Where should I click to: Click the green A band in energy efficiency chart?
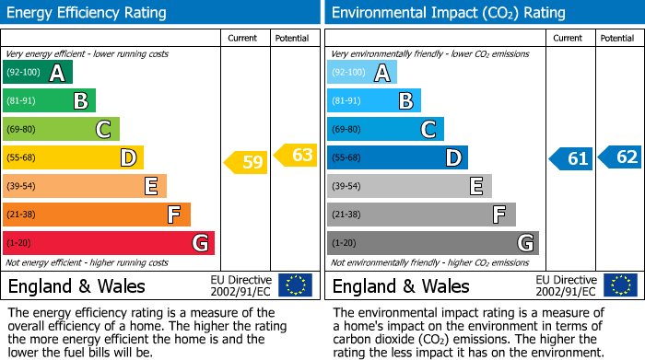37,73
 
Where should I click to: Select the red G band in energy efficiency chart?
108,243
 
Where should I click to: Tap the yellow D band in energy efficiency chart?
73,157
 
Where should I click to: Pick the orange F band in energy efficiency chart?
96,215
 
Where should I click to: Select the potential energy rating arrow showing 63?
297,155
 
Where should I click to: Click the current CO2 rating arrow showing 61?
571,158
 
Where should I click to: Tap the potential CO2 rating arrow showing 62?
621,157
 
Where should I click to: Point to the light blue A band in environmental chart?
362,73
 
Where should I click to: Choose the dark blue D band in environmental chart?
397,157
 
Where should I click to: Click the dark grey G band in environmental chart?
432,243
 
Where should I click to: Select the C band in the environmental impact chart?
385,129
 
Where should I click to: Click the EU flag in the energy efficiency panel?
295,285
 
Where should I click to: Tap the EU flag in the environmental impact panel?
619,285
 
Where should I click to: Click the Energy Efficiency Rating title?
88,13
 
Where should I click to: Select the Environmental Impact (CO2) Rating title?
448,13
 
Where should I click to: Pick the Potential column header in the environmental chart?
617,38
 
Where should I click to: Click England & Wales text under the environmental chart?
401,286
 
